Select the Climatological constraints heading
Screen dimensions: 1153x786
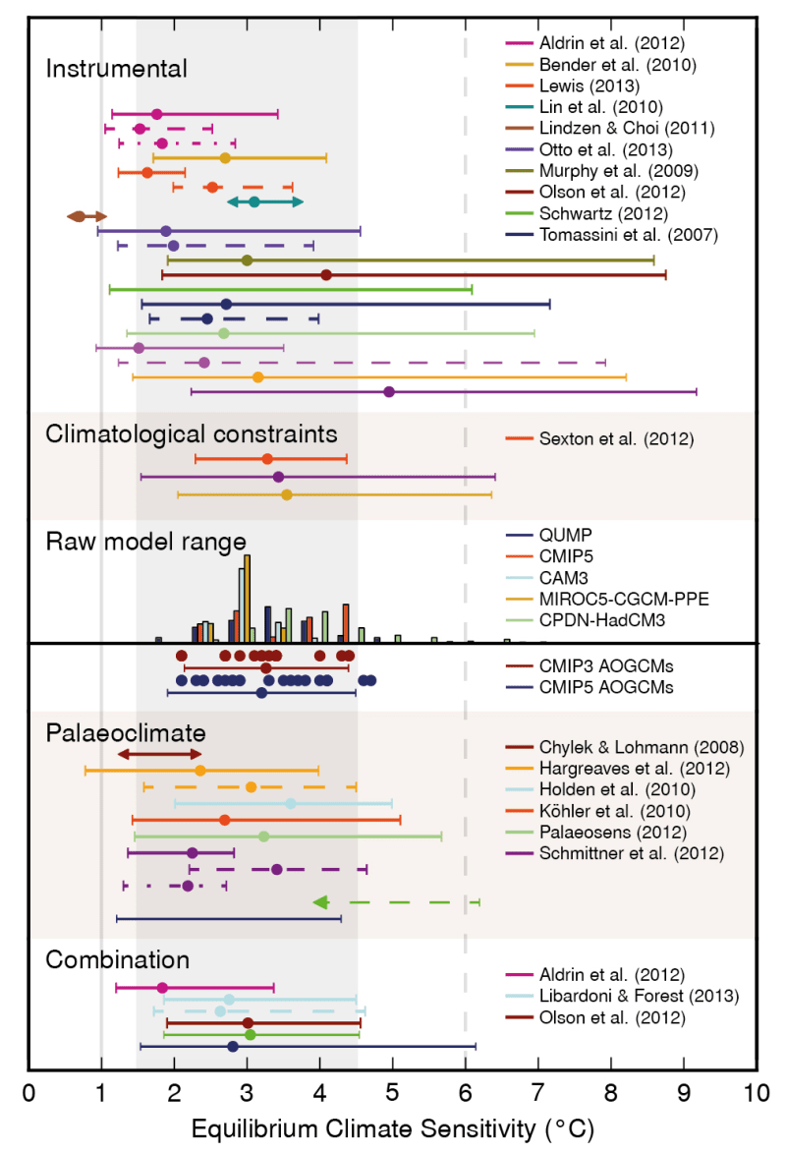point(192,433)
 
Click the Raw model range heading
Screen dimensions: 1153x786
point(145,543)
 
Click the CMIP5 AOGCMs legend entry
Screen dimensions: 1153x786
point(606,688)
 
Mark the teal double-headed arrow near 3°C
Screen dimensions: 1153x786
point(265,202)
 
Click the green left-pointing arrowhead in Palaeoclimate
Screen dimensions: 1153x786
point(320,901)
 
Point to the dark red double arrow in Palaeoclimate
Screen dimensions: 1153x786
point(159,754)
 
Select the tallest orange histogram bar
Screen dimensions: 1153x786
point(248,598)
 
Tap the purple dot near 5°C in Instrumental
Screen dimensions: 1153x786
point(389,391)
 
